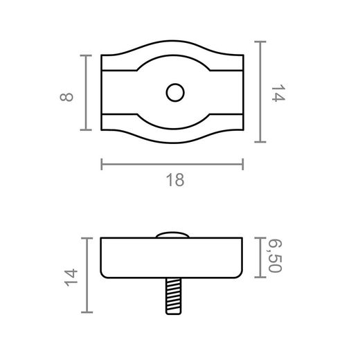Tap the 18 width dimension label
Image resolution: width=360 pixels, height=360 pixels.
click(175, 180)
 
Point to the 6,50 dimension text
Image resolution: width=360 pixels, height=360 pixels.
click(275, 257)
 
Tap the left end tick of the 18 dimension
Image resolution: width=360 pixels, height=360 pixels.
click(102, 164)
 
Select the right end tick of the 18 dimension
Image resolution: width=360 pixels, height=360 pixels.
click(243, 164)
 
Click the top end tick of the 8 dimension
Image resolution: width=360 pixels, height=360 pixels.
click(87, 55)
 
